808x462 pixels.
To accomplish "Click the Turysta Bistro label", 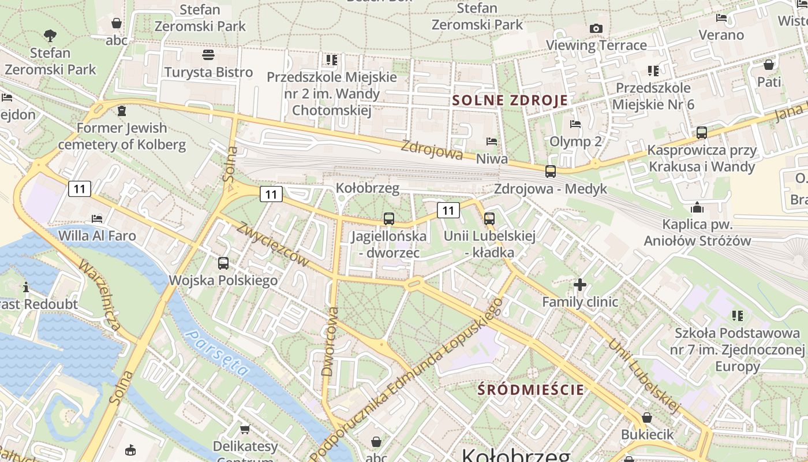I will (x=208, y=72).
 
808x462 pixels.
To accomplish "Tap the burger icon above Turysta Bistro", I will (x=208, y=55).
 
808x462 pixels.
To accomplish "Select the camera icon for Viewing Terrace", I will (x=596, y=28).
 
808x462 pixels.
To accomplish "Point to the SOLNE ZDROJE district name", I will (x=510, y=100).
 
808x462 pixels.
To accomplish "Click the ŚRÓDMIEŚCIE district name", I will (x=531, y=389).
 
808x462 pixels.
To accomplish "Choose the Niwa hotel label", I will (x=492, y=158).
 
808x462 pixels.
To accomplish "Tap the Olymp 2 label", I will (x=575, y=141).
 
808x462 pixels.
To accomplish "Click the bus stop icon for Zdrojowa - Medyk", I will (x=551, y=171).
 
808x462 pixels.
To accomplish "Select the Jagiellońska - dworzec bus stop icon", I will (x=389, y=219).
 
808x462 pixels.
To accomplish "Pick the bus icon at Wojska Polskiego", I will (x=223, y=263).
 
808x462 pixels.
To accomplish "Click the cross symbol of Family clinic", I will (x=580, y=284).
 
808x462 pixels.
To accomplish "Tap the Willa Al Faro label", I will (x=97, y=236).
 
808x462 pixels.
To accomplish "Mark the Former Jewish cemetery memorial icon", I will (x=121, y=110).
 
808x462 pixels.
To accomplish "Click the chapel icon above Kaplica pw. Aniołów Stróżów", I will (x=697, y=207).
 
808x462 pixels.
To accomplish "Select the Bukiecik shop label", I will (x=647, y=434).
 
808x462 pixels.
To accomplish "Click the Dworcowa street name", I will (x=331, y=341).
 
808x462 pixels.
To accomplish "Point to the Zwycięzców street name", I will (x=272, y=244).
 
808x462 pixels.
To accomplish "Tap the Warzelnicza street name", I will (x=99, y=296).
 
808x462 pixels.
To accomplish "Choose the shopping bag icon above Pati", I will (x=768, y=64).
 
